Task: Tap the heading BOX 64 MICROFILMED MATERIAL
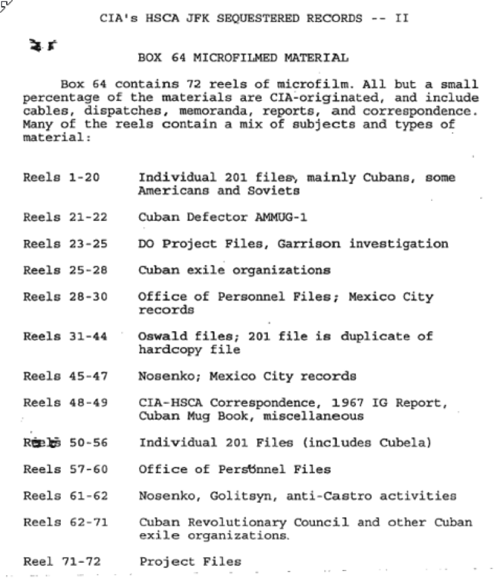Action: coord(243,58)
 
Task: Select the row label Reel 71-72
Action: coord(62,562)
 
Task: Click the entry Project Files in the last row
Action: coord(190,562)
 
